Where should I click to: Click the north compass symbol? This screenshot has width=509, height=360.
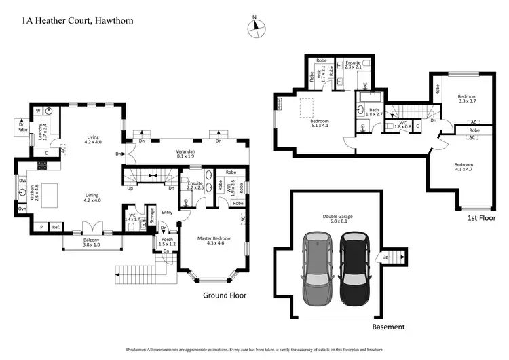(255, 27)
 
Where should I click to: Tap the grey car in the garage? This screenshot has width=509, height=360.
(319, 268)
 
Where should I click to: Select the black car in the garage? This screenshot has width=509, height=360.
(354, 268)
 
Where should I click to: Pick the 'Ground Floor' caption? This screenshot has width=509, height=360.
(225, 295)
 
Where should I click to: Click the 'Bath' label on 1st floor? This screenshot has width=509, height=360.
(373, 110)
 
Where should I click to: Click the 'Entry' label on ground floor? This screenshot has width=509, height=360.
(167, 213)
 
